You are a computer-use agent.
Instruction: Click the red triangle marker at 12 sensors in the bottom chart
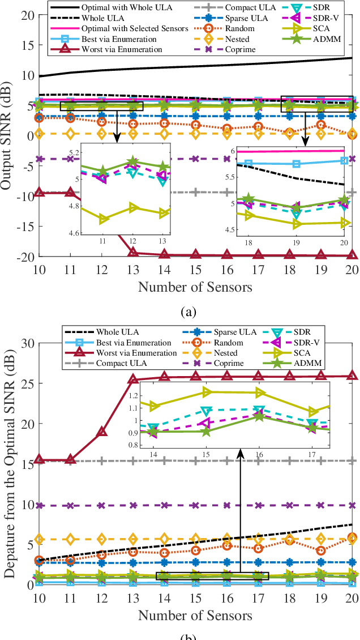(101, 432)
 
